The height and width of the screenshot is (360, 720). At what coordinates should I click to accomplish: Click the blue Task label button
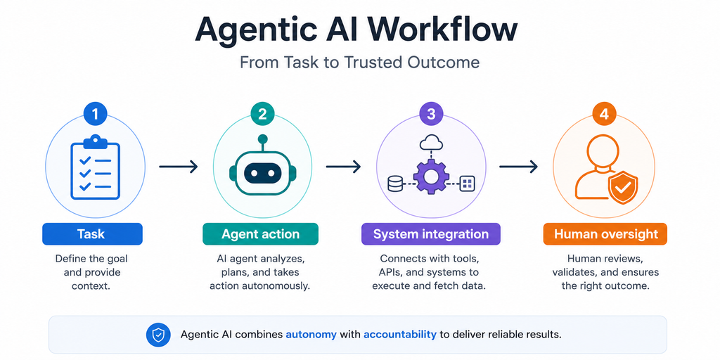click(92, 234)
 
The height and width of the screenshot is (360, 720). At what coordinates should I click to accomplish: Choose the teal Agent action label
click(260, 234)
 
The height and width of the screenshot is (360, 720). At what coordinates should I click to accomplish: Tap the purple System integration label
click(431, 234)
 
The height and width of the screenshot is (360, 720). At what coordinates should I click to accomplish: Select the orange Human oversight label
click(605, 234)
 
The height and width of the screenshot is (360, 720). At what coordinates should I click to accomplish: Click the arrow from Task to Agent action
click(179, 167)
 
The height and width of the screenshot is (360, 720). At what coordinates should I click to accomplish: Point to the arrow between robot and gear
click(343, 167)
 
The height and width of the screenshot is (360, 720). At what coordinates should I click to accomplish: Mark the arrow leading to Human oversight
click(518, 167)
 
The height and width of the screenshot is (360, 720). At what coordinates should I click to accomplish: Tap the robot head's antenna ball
click(262, 139)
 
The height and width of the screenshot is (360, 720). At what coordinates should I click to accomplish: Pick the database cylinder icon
click(394, 184)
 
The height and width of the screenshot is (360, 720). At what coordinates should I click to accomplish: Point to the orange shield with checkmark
click(623, 187)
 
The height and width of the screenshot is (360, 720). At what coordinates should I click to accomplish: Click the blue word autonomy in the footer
click(311, 334)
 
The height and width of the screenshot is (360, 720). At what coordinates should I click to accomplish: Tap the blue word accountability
click(399, 334)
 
